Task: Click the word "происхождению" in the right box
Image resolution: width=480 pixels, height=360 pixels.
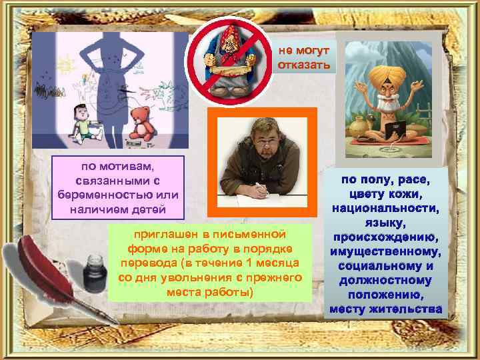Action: [385, 236]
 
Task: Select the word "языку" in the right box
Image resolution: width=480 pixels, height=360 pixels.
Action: [385, 222]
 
